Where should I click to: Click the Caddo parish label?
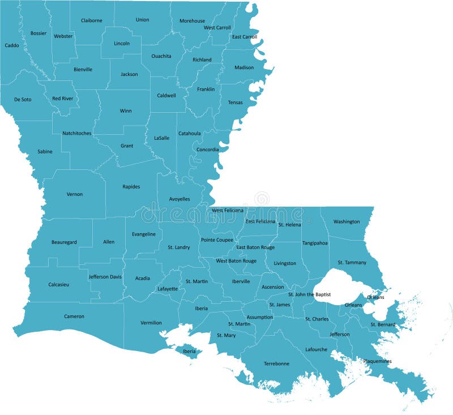coord(11,45)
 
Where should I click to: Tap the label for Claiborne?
coord(92,20)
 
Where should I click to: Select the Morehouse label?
coord(192,21)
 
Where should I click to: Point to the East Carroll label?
coord(245,37)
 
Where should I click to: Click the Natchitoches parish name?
coord(76,134)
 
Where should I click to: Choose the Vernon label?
coord(75,194)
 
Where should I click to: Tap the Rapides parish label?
coord(131,187)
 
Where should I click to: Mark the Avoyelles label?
coord(180,199)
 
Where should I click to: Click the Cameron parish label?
coord(74,316)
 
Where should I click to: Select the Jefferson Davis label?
coord(105,277)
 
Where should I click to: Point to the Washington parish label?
coord(347,221)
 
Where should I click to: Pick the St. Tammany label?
coord(352,262)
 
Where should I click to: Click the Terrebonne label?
coord(276,363)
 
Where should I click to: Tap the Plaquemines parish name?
coord(377,361)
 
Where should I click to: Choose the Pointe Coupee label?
coord(217,240)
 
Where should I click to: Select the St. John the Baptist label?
coord(309,294)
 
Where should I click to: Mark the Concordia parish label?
coord(208,149)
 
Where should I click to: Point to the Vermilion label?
coord(151,323)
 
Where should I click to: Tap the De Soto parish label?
coord(23,100)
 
